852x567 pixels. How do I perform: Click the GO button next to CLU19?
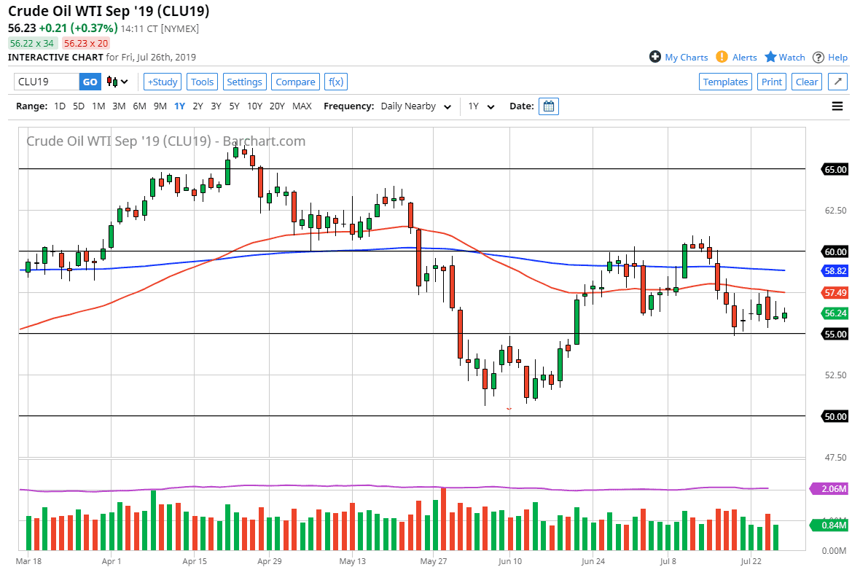click(x=90, y=82)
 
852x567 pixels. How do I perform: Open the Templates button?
click(x=725, y=82)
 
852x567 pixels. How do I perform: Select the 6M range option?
click(x=139, y=106)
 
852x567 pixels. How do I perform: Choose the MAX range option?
click(x=302, y=106)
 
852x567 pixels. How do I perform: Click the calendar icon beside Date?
click(x=549, y=106)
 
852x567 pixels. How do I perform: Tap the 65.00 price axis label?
click(x=835, y=169)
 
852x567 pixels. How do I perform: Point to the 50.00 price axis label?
click(x=835, y=416)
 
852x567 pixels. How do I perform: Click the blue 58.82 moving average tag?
click(x=835, y=270)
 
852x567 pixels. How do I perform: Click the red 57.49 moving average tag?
click(x=835, y=292)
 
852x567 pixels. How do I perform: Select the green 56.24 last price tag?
click(x=835, y=313)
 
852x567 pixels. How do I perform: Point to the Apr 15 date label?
click(x=195, y=561)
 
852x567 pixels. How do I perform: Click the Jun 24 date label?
click(x=593, y=561)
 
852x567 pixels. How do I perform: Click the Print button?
click(x=772, y=82)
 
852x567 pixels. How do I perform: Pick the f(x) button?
click(x=335, y=82)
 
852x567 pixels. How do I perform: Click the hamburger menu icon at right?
click(x=837, y=106)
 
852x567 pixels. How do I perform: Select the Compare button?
click(x=295, y=82)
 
